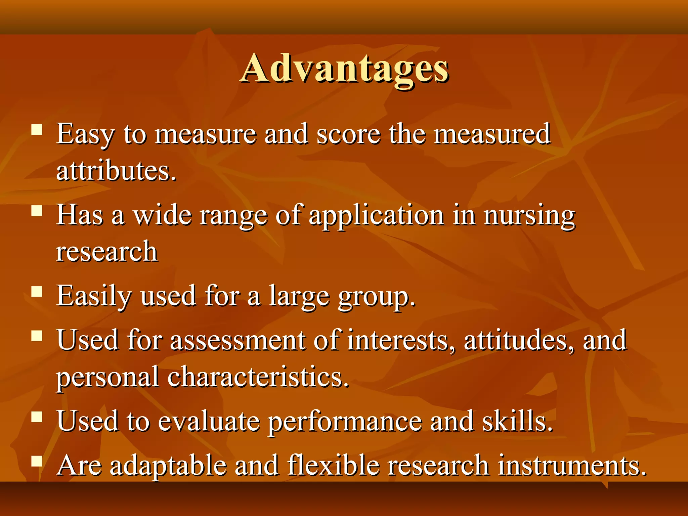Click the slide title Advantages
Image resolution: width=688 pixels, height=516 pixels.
tap(344, 69)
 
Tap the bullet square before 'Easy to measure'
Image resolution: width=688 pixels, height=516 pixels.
tap(37, 129)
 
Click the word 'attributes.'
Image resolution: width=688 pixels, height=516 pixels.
tap(116, 171)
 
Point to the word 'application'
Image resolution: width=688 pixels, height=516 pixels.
tap(376, 216)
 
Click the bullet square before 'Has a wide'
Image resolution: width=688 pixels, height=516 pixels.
tap(37, 211)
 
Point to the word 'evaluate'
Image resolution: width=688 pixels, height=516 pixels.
tap(209, 421)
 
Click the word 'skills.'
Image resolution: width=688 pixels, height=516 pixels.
tap(517, 421)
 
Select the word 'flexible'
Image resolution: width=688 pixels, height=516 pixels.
tap(333, 465)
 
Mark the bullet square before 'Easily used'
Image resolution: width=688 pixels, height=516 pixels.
tap(37, 292)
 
